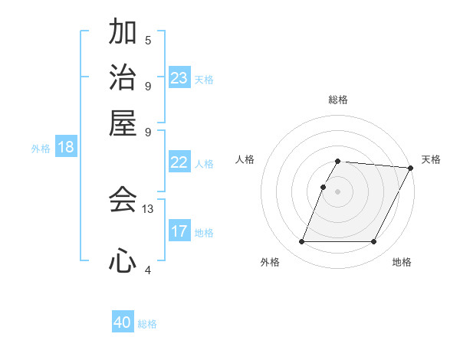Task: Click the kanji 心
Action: [x=123, y=261]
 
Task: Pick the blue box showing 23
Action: [x=179, y=78]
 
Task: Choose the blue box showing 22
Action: [x=179, y=162]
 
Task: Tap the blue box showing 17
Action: [x=179, y=231]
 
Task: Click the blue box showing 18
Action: [x=66, y=147]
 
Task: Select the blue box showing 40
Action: [x=123, y=322]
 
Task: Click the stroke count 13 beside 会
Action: [x=148, y=208]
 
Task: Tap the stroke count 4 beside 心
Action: [x=148, y=270]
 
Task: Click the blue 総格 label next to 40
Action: [x=148, y=324]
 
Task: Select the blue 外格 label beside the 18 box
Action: [x=41, y=149]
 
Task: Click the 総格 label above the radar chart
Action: [x=337, y=100]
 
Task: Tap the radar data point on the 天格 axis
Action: [x=410, y=168]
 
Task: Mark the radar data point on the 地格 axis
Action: [x=374, y=242]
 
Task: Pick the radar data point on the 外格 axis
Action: [x=301, y=242]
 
